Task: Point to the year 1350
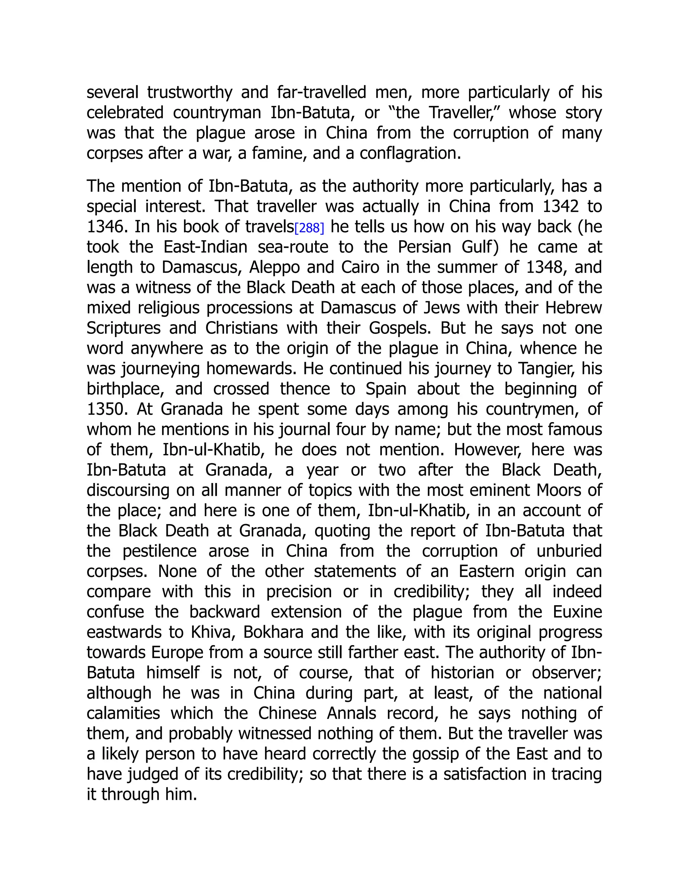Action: pos(107,409)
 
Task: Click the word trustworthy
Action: pos(189,93)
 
